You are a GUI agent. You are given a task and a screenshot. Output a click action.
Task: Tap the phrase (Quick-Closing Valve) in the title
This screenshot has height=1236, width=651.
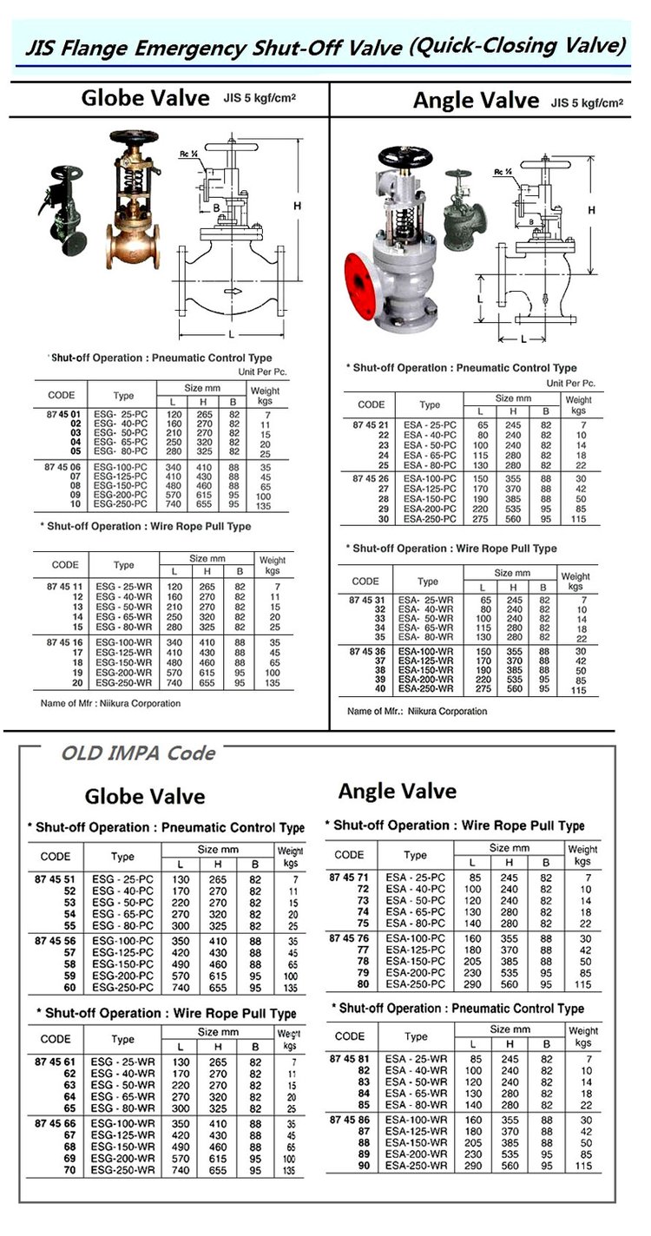[x=517, y=45]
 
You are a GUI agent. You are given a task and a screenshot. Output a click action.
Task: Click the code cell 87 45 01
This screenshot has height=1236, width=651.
[x=62, y=415]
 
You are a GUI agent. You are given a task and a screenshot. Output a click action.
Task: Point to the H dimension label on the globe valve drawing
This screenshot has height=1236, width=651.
[x=297, y=206]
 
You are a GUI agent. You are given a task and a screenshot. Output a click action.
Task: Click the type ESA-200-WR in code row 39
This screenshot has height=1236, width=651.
[x=428, y=680]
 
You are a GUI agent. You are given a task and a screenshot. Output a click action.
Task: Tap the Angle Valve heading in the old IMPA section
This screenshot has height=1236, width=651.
[x=397, y=791]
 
